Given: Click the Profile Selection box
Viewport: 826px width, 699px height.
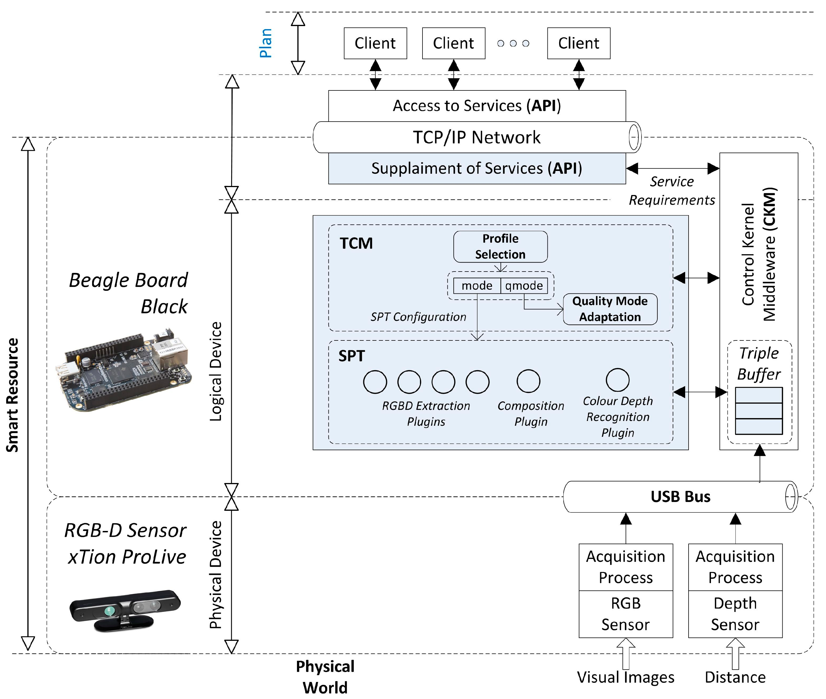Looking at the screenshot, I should (500, 247).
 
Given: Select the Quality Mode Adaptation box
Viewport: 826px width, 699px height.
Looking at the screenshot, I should (610, 309).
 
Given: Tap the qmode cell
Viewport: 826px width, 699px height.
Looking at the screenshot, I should (524, 286).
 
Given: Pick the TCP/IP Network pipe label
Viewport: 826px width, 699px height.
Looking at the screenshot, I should (477, 137).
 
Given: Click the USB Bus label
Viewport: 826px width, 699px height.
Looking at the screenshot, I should (680, 497).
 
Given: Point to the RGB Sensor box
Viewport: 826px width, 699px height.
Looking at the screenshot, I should (626, 614).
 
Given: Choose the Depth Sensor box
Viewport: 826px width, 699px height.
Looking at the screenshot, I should (735, 614).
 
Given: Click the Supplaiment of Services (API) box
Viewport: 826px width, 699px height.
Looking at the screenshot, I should (477, 168).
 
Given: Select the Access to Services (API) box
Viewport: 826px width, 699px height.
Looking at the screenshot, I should (477, 106).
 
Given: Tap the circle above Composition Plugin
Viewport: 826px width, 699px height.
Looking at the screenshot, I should (528, 381).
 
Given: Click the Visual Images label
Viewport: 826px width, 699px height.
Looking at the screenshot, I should (626, 677).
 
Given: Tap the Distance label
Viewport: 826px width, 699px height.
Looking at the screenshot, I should (735, 677).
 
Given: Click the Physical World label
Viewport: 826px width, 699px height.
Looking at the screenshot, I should (325, 677).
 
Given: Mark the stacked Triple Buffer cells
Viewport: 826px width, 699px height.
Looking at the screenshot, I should (759, 411).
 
